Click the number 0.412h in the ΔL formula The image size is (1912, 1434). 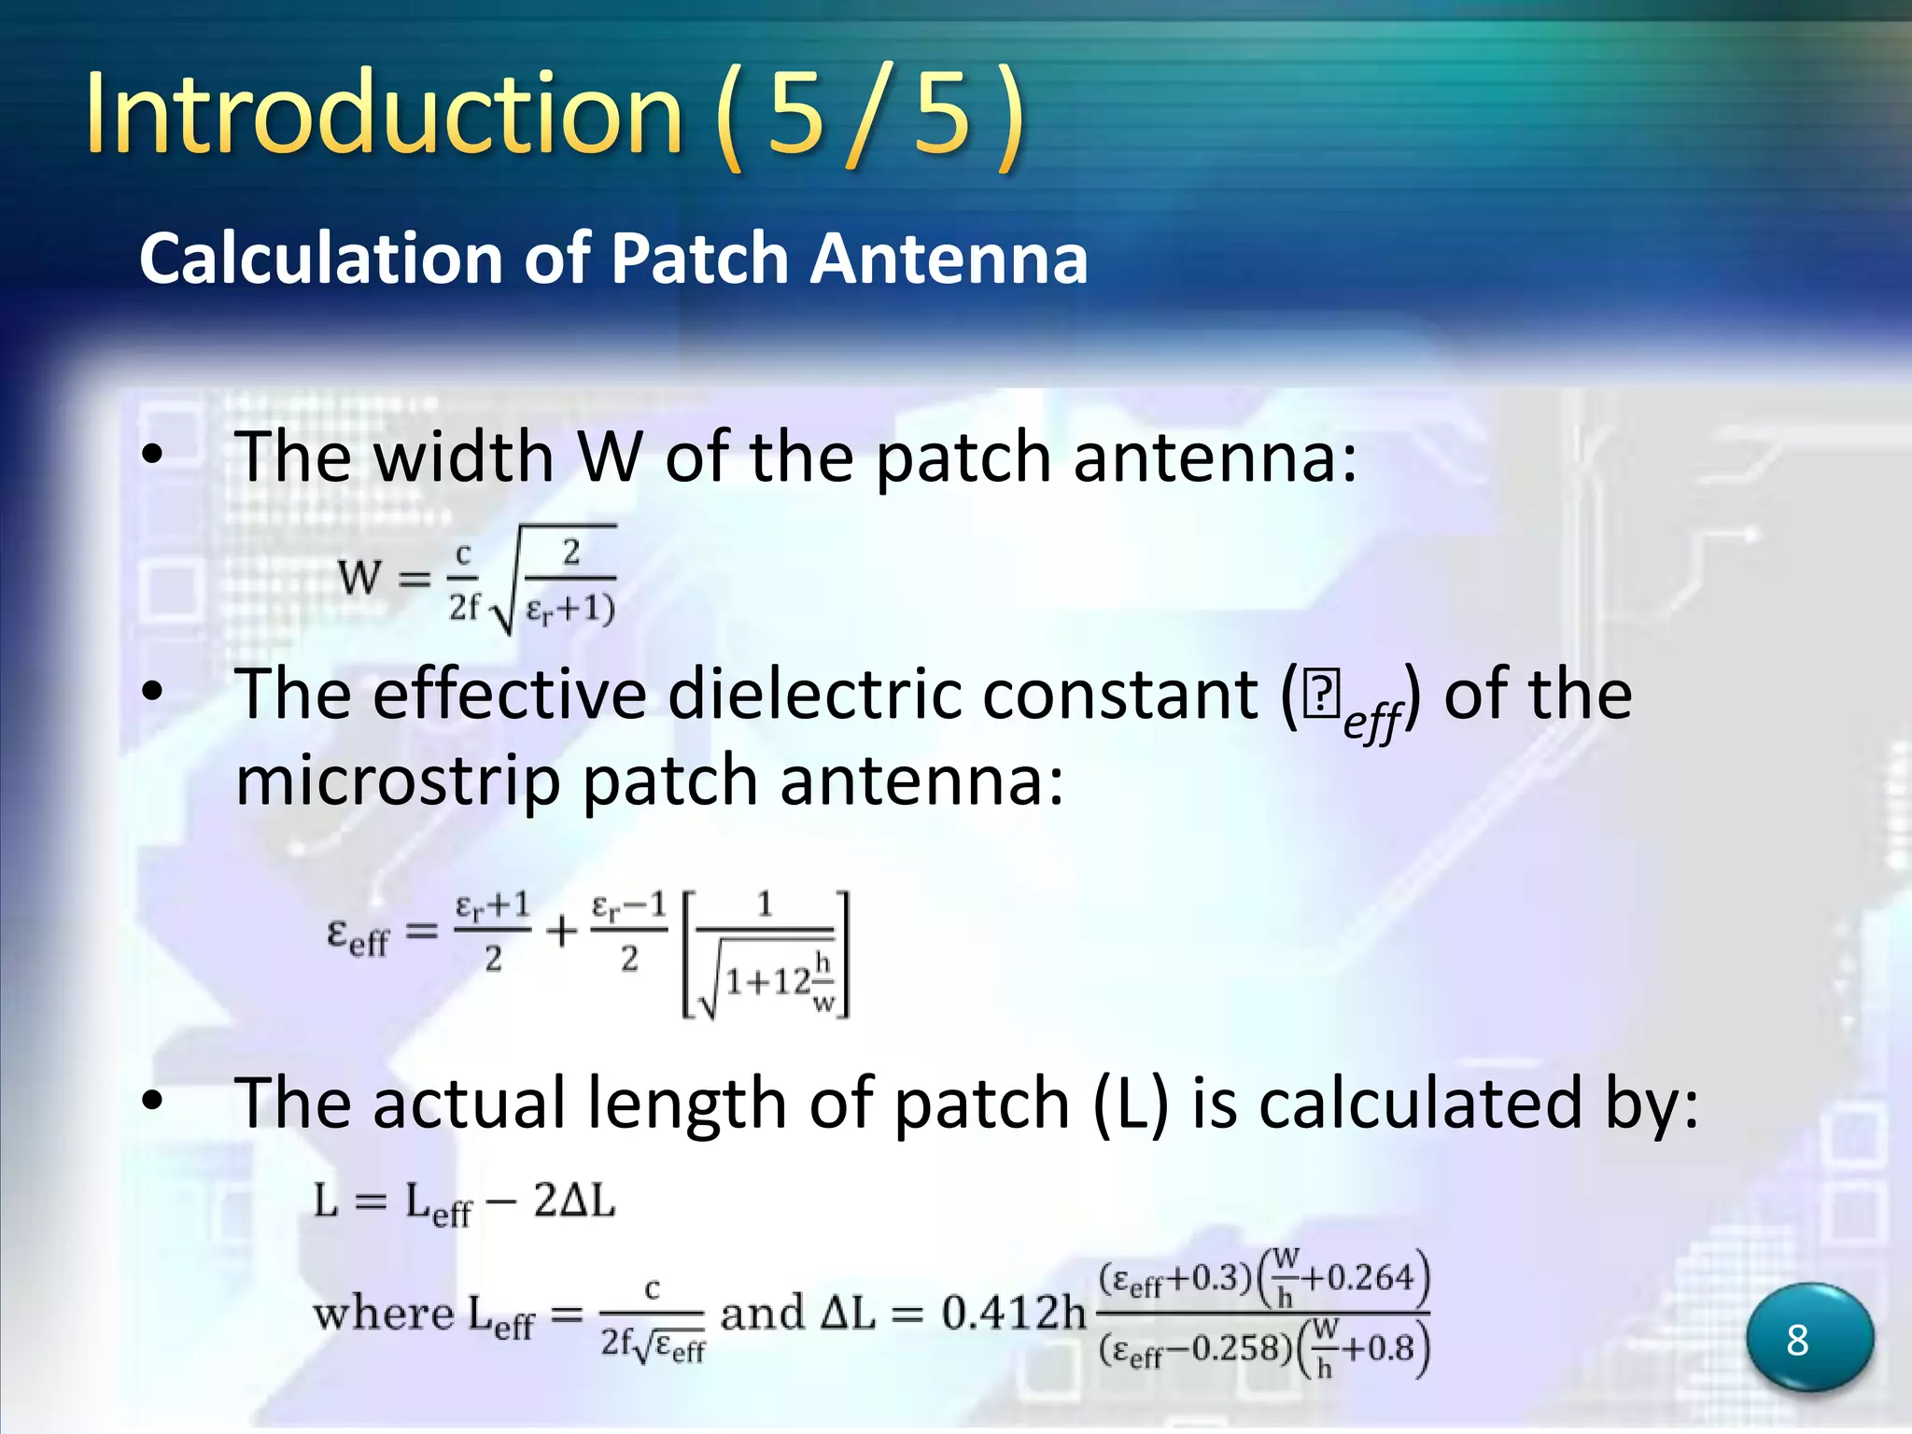click(x=1014, y=1314)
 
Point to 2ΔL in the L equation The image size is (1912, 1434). click(x=574, y=1201)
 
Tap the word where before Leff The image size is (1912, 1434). click(x=383, y=1314)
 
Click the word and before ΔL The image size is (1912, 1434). click(x=762, y=1314)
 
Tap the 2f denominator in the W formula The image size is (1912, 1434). click(x=463, y=607)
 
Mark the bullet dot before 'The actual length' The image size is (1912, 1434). click(x=152, y=1102)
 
